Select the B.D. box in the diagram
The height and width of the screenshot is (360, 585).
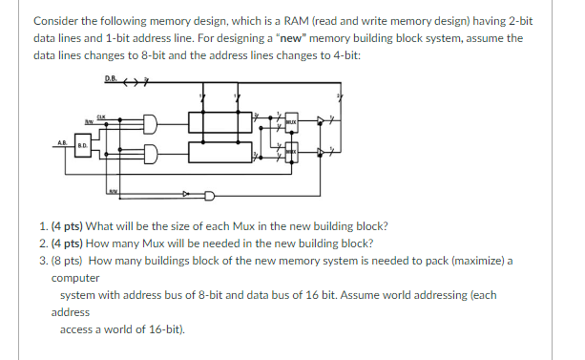point(83,148)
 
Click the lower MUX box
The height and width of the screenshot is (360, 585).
point(290,153)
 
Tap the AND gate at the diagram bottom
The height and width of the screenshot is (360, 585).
point(208,197)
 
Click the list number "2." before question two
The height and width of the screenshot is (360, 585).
point(46,244)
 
